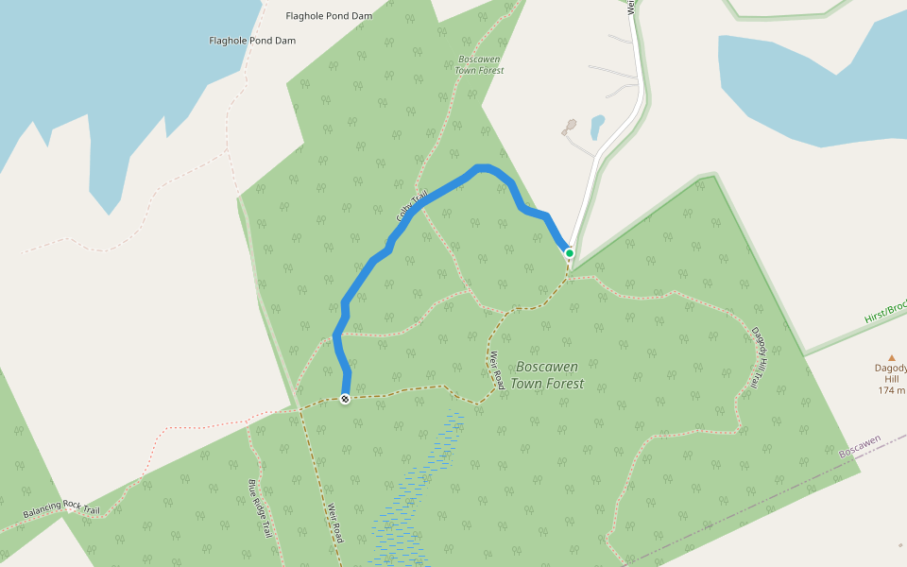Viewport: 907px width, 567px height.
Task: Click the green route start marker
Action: (x=569, y=253)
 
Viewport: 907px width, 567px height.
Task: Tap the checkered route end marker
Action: (x=346, y=399)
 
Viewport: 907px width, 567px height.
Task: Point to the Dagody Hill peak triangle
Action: (x=891, y=357)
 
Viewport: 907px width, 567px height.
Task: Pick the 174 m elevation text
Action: (x=891, y=390)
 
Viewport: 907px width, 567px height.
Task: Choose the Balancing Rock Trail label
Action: (x=61, y=508)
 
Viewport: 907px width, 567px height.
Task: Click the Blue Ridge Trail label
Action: (x=260, y=508)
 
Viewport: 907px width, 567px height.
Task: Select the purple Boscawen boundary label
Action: (x=860, y=447)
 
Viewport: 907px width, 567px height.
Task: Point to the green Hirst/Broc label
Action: (x=884, y=313)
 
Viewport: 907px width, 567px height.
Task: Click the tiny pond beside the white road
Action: (x=597, y=127)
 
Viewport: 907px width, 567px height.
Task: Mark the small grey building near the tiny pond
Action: (x=570, y=126)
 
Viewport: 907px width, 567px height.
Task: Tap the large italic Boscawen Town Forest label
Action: (x=547, y=375)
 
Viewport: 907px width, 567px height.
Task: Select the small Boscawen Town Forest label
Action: (x=479, y=64)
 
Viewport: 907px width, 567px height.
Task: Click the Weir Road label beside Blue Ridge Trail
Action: (x=334, y=523)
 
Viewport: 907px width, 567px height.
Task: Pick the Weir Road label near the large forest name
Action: (x=496, y=370)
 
